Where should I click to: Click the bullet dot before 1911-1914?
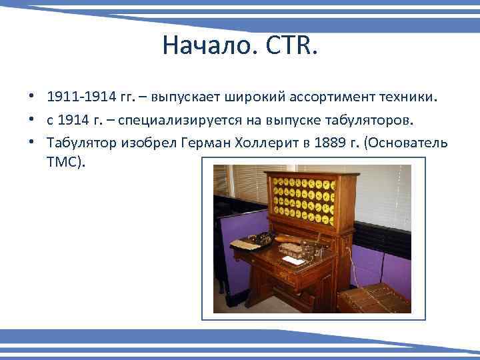31,97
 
